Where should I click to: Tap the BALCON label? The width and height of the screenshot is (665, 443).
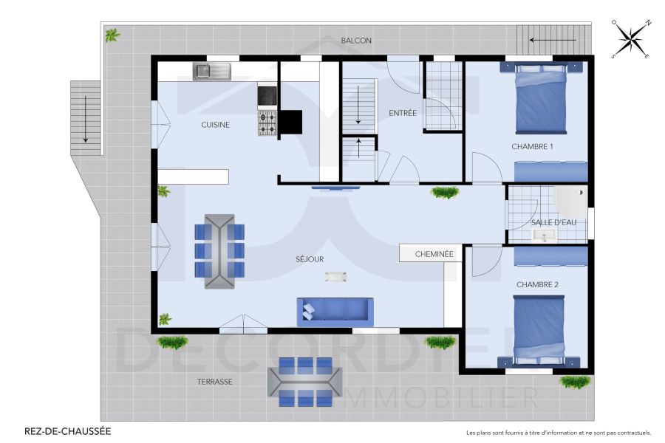pyautogui.click(x=356, y=41)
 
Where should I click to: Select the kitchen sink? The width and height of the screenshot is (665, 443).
pyautogui.click(x=212, y=71)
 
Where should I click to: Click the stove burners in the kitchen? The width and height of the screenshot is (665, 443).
pyautogui.click(x=267, y=123)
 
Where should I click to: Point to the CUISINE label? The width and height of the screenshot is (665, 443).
pyautogui.click(x=216, y=125)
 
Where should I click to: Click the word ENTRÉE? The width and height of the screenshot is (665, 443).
pyautogui.click(x=403, y=113)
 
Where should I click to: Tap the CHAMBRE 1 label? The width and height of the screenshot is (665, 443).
pyautogui.click(x=532, y=146)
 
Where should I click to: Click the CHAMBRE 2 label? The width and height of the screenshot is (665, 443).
pyautogui.click(x=537, y=284)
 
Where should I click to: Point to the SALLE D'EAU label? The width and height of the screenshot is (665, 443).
pyautogui.click(x=553, y=221)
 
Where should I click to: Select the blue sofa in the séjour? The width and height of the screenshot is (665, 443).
pyautogui.click(x=335, y=311)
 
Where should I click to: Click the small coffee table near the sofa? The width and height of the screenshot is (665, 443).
pyautogui.click(x=335, y=276)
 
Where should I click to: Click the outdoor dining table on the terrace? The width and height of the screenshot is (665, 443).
pyautogui.click(x=304, y=381)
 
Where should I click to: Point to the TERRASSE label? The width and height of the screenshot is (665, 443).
pyautogui.click(x=214, y=382)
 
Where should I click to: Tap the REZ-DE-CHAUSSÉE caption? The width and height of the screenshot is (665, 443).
pyautogui.click(x=68, y=431)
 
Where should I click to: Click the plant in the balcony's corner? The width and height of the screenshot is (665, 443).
pyautogui.click(x=112, y=35)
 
